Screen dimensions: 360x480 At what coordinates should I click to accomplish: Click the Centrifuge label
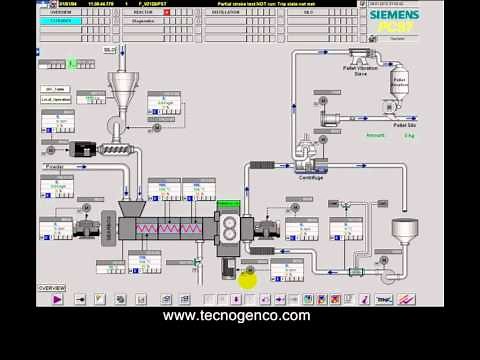(312, 177)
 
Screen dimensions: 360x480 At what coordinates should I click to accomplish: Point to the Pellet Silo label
(404, 125)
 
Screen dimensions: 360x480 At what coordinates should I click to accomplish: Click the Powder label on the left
(55, 166)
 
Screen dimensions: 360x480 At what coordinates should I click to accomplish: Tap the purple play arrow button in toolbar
(57, 298)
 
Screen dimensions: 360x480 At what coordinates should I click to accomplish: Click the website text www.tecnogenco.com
(238, 316)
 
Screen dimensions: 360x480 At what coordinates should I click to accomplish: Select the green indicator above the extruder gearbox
(228, 205)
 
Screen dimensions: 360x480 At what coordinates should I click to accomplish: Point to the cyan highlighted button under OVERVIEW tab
(60, 20)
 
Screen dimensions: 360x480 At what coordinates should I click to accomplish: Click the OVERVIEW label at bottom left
(52, 288)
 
